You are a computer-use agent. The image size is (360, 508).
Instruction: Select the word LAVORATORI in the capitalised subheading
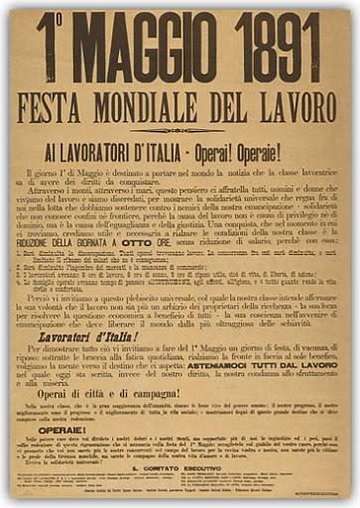(116, 151)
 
